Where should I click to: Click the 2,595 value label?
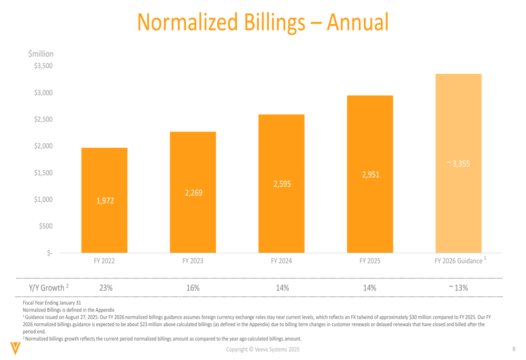[x=282, y=184]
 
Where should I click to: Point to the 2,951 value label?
[x=370, y=174]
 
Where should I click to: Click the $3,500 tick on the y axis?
[x=44, y=66]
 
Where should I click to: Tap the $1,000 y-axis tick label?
[x=44, y=199]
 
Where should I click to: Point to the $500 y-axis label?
[x=45, y=226]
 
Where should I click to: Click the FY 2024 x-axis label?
[x=281, y=261]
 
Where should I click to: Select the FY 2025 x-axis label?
[x=370, y=261]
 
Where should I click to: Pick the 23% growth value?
[x=106, y=287]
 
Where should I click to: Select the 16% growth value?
[x=193, y=287]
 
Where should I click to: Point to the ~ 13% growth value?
[x=458, y=287]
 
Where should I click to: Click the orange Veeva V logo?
[x=16, y=348]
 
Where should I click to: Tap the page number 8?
[x=513, y=349]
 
